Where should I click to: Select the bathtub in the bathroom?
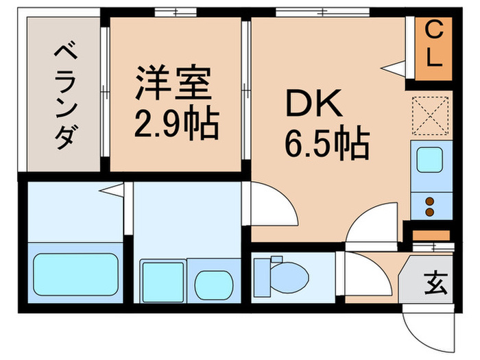[75, 273]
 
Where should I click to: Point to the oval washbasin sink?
[214, 283]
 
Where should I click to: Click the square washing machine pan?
[162, 280]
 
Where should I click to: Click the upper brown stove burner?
[431, 202]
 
